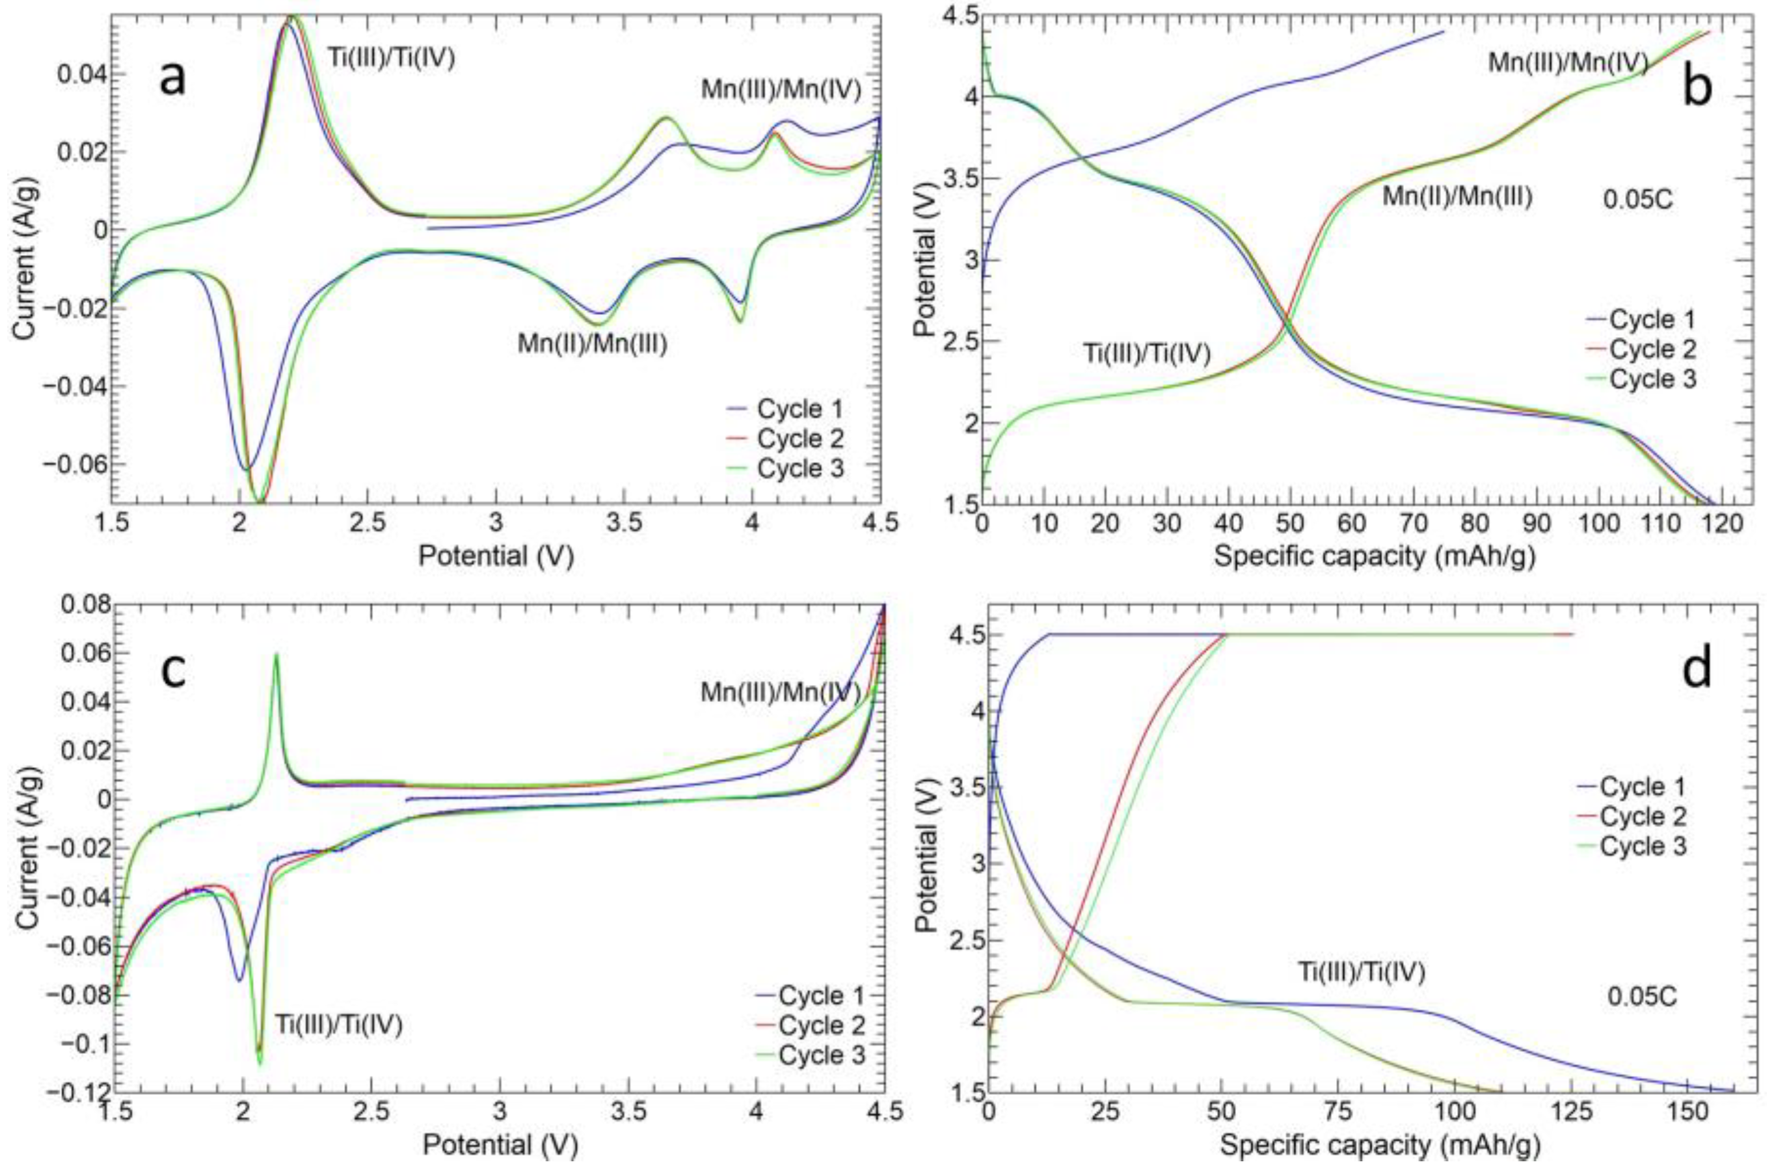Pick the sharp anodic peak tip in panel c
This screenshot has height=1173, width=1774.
coord(276,654)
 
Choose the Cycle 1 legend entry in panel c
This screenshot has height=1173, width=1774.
coord(821,997)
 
